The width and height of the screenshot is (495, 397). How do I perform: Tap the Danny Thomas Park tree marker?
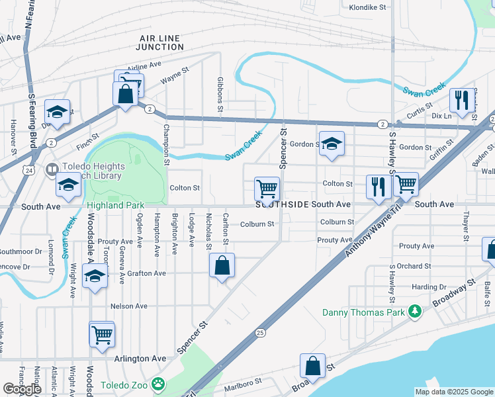[x=415, y=310]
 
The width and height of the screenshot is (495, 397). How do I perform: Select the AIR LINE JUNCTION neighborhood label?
[x=160, y=42]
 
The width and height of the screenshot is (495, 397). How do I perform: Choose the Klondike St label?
[x=367, y=8]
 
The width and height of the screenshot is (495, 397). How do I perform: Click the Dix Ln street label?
[x=441, y=116]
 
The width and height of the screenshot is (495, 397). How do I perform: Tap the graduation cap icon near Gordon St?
[x=332, y=144]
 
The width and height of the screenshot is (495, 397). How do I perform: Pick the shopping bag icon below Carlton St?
[x=222, y=266]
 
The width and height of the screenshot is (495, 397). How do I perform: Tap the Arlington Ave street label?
[x=140, y=358]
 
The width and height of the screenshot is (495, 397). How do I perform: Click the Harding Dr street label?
[x=429, y=287]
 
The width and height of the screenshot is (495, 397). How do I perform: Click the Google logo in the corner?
[x=22, y=389]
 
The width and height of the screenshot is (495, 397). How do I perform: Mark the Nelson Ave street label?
[x=128, y=306]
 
